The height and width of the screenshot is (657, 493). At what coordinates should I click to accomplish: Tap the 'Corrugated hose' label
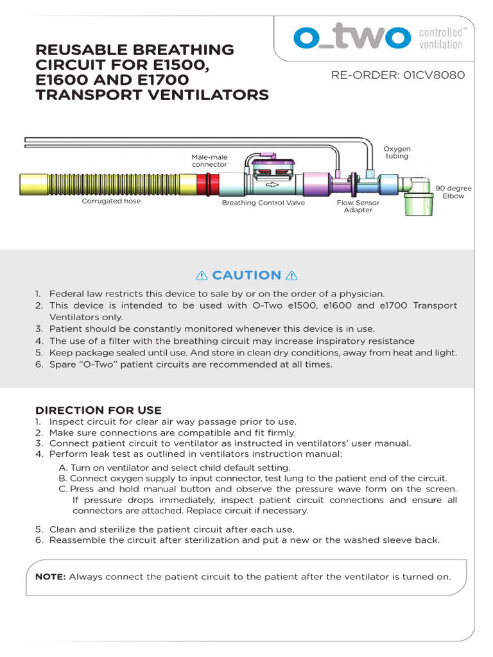111,201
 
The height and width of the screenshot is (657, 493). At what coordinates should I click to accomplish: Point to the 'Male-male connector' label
209,160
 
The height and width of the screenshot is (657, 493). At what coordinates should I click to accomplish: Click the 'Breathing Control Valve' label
263,203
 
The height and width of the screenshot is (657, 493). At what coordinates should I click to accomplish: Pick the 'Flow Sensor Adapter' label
358,206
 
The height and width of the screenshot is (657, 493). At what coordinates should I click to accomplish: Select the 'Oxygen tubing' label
397,152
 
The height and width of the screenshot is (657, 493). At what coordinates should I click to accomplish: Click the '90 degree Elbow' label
453,192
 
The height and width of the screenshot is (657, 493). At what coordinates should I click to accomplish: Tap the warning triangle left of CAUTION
202,275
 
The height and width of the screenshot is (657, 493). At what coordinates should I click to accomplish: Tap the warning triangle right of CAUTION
291,275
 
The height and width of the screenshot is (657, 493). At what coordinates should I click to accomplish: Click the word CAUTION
246,275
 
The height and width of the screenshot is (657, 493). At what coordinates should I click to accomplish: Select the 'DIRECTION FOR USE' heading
98,410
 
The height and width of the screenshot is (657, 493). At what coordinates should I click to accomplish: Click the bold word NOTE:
51,577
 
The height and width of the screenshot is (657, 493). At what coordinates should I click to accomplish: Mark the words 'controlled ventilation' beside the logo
440,38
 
